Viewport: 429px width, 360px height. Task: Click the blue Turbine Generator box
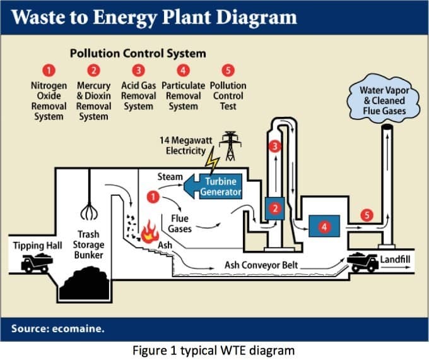tap(221, 186)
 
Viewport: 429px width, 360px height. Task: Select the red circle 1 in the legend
tap(48, 70)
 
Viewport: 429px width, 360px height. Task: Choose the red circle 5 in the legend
tap(228, 70)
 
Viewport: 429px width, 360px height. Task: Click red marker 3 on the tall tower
tap(274, 147)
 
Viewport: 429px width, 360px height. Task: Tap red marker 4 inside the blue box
tap(324, 226)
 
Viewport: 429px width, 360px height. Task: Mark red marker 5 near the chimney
tap(367, 216)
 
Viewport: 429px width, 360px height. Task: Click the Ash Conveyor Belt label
tap(261, 265)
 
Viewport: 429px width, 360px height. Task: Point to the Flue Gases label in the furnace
tap(180, 224)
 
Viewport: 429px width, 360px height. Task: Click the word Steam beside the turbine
tap(170, 177)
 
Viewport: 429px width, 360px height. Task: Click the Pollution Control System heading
tap(138, 53)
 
